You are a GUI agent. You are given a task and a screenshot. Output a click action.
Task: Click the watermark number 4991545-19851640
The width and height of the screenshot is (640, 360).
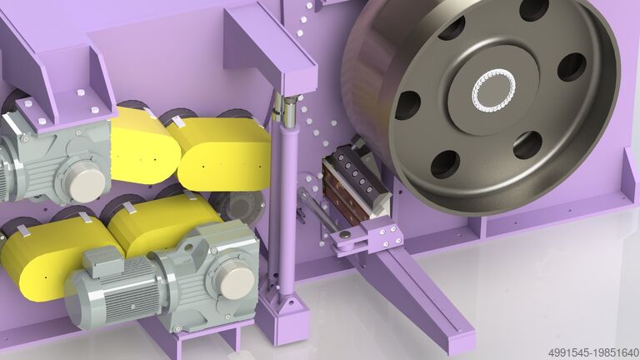coord(593,352)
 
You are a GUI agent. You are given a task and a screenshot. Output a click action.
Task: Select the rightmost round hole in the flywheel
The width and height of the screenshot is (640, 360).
coord(572,67)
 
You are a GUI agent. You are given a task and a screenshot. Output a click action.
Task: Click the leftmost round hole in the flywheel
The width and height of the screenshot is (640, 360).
coord(407,105)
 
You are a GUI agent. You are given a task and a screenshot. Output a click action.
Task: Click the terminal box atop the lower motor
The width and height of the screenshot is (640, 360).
coord(102,261)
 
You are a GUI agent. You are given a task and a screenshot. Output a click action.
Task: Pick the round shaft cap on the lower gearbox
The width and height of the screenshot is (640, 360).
coord(236,280)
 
